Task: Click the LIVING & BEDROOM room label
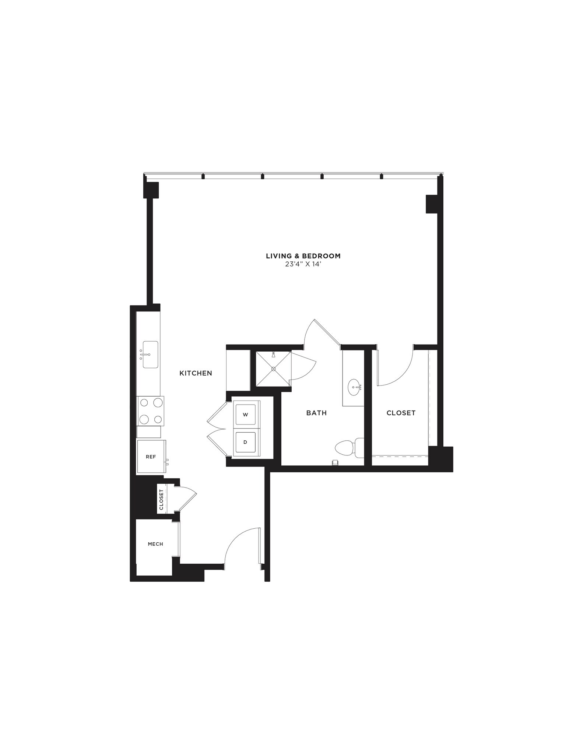(303, 256)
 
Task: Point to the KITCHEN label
(196, 373)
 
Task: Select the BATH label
(316, 413)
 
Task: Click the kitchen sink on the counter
(150, 354)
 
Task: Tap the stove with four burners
(150, 411)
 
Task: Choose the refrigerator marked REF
(151, 457)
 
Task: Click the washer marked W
(246, 415)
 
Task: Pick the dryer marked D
(246, 442)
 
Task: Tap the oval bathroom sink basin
(355, 387)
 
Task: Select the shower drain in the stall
(274, 369)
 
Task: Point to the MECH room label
(155, 544)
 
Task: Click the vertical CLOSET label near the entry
(161, 500)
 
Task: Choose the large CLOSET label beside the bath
(401, 413)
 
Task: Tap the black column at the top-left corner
(151, 190)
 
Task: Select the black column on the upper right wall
(431, 204)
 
